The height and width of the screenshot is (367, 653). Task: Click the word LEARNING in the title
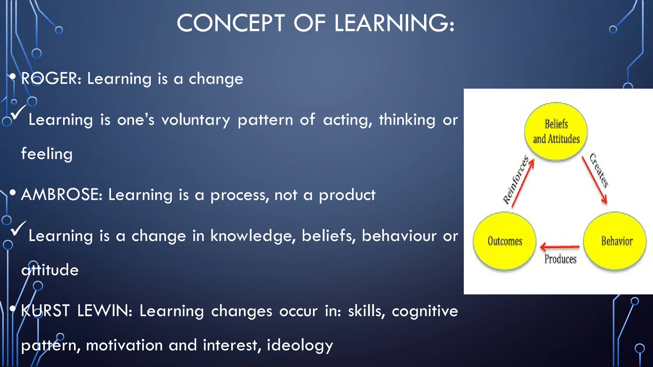coord(394,23)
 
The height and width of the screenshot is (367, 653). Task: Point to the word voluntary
coord(195,120)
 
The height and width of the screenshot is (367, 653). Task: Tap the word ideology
coord(300,345)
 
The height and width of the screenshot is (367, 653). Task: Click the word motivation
coord(124,345)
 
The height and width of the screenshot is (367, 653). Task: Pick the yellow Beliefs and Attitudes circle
coord(556,131)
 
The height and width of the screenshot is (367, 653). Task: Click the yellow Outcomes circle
coord(504,241)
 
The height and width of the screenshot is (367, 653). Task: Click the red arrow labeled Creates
coord(594,180)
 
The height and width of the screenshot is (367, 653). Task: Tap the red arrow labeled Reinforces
coord(523,184)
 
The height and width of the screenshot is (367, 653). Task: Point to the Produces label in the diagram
coord(560,259)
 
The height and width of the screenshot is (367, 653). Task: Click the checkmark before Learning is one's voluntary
coord(18,112)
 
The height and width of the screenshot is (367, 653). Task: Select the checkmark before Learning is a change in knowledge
coord(18,228)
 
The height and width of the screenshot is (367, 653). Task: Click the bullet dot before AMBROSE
coord(13,192)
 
